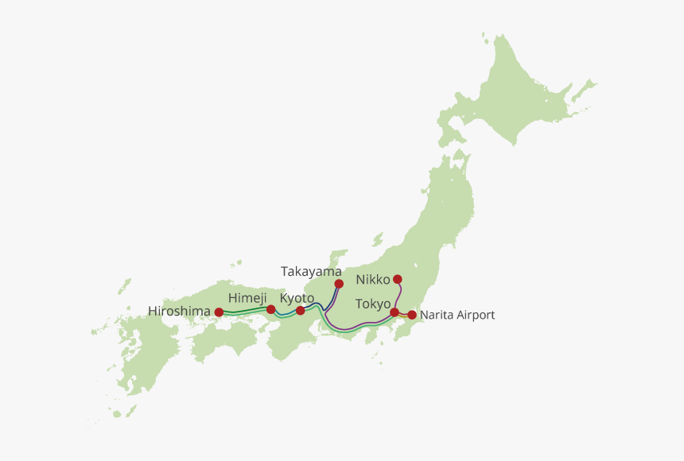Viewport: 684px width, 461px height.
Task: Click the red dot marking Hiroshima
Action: pyautogui.click(x=219, y=312)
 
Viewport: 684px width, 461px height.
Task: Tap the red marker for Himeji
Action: pyautogui.click(x=271, y=309)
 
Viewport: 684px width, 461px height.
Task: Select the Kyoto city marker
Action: pyautogui.click(x=300, y=310)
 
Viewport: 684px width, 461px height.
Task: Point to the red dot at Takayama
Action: pyautogui.click(x=339, y=284)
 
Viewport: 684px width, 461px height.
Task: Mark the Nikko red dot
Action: pyautogui.click(x=398, y=279)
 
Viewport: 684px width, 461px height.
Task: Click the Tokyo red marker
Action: pyautogui.click(x=394, y=312)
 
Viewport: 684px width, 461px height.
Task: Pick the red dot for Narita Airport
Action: pyautogui.click(x=412, y=315)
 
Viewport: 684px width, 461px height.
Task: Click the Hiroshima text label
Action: pyautogui.click(x=179, y=311)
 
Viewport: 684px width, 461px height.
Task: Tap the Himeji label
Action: pyautogui.click(x=247, y=297)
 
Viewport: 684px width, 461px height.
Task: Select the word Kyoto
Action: pyautogui.click(x=297, y=297)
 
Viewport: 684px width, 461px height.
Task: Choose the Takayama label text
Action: pyautogui.click(x=311, y=271)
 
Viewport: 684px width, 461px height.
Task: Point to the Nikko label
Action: pyautogui.click(x=373, y=280)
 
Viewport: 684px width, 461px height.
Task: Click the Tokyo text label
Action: pyautogui.click(x=373, y=304)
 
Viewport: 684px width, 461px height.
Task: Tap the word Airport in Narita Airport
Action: pyautogui.click(x=475, y=315)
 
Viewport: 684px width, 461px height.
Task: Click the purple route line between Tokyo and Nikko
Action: pyautogui.click(x=399, y=296)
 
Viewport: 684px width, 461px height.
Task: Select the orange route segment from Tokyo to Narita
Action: pyautogui.click(x=403, y=316)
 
